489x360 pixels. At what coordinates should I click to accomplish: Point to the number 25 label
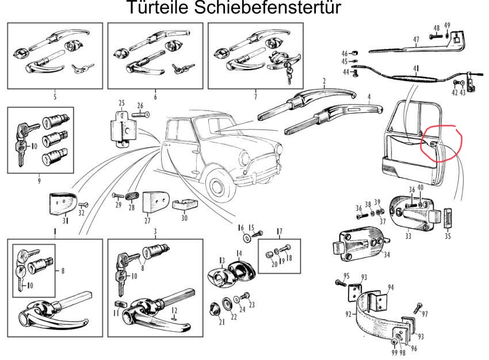(121, 103)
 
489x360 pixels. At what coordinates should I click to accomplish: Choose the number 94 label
(391, 286)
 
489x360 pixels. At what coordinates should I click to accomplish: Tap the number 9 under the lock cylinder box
(40, 181)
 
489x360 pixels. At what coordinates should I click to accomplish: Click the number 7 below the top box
(255, 96)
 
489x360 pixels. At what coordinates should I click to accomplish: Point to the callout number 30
(184, 219)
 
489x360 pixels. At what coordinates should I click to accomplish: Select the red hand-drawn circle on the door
(439, 144)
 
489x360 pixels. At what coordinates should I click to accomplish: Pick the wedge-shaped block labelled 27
(154, 202)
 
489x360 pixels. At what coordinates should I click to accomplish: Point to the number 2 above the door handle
(324, 81)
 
